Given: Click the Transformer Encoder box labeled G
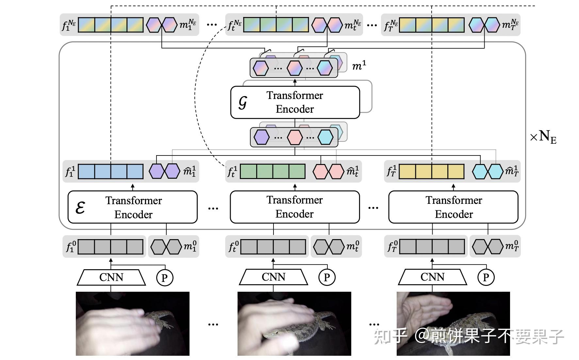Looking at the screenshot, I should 295,102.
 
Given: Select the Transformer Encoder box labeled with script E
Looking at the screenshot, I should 132,207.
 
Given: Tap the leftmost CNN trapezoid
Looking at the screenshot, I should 111,277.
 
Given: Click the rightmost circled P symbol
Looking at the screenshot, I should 486,278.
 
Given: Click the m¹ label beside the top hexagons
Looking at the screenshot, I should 359,66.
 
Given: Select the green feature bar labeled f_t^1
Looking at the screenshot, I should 273,172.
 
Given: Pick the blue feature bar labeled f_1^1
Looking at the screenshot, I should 110,172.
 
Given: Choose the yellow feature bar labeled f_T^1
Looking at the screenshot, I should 431,172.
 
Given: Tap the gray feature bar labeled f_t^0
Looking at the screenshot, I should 273,247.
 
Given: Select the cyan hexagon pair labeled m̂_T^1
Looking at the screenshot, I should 488,172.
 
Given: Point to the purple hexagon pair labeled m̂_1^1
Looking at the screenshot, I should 164,171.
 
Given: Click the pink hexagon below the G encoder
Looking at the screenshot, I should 294,137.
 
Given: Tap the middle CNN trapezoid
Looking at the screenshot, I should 273,277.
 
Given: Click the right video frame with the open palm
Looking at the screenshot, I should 453,323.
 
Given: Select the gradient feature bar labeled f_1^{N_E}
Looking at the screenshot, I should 110,25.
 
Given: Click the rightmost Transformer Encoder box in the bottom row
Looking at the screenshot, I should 453,207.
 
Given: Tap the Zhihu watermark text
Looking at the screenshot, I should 469,336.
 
